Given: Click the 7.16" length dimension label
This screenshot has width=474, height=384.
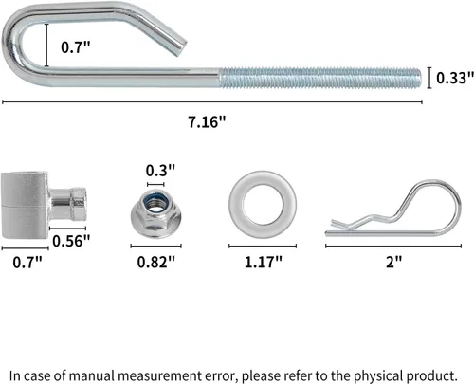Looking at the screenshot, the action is [208, 122].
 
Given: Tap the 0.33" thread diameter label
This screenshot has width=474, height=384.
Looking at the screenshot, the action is [455, 78].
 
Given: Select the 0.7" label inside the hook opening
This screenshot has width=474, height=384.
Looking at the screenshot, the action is [76, 47].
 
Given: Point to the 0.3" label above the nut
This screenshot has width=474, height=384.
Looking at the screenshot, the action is [160, 171].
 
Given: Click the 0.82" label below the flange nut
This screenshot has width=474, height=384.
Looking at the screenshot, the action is [156, 262].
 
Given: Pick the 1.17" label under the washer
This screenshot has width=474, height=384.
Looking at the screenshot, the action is [264, 262].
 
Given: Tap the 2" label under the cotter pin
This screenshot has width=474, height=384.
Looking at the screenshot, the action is [393, 262].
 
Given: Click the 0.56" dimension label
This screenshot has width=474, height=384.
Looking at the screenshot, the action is [71, 241].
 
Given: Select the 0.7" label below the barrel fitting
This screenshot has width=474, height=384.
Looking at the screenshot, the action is [27, 263].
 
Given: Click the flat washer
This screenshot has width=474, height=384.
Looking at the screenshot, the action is [235, 205].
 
